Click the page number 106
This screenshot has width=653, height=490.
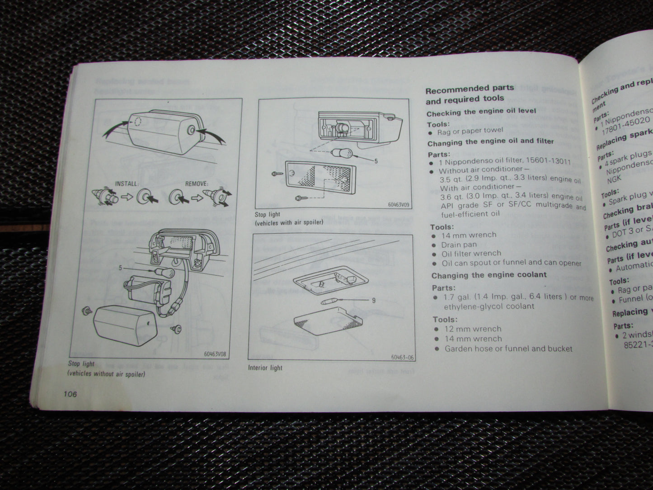click(70, 394)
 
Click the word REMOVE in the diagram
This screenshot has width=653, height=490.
click(197, 184)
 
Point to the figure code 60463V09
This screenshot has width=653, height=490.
click(398, 204)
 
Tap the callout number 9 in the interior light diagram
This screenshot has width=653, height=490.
click(373, 300)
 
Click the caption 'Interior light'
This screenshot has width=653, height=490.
click(265, 367)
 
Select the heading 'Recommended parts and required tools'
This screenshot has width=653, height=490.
click(470, 93)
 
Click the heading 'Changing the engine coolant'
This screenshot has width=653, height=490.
click(489, 275)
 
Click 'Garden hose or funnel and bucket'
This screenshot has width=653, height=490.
click(508, 349)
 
